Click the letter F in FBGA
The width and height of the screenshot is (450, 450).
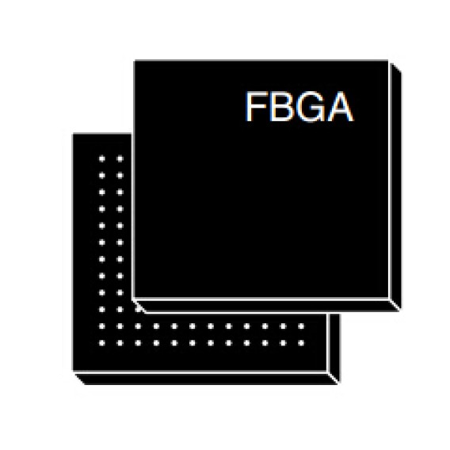coord(256,107)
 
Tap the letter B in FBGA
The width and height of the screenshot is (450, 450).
coord(280,107)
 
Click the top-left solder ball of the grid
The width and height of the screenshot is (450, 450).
coord(102,158)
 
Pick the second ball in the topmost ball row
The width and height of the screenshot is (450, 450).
coord(120,158)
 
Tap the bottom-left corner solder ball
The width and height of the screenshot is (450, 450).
coord(102,343)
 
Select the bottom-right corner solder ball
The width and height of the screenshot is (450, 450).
coord(301,343)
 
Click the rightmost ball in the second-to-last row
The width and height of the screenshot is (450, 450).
coord(301,326)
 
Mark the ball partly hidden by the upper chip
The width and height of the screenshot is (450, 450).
coord(139,309)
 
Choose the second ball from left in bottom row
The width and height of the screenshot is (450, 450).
coord(120,343)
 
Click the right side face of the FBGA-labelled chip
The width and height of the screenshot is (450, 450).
coord(395,186)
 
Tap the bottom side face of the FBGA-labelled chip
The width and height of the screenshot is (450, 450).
coord(267,306)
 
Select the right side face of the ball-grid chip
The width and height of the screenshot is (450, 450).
coord(334,348)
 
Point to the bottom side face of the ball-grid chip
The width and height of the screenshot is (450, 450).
coord(207,379)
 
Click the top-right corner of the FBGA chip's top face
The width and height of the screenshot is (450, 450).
coord(388,60)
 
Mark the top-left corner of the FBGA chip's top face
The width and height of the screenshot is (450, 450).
coord(135,60)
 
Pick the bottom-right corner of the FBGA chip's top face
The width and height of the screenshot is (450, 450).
coord(388,299)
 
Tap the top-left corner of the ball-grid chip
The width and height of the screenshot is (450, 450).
coord(73,134)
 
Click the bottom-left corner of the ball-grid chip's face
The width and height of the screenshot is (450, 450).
coord(73,372)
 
